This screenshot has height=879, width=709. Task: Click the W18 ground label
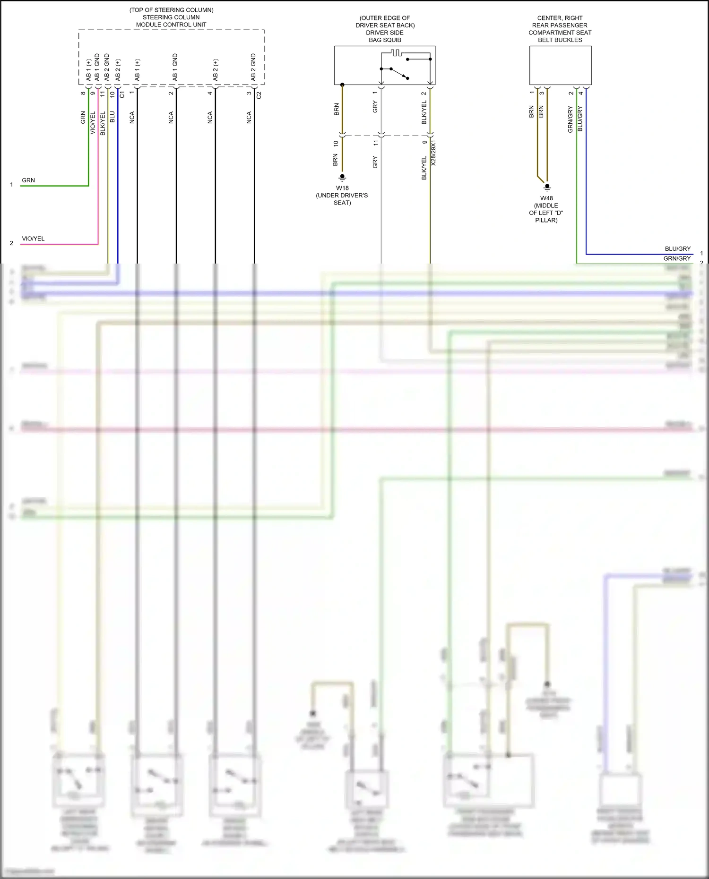[x=342, y=188]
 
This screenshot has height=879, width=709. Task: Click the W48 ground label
[x=546, y=198]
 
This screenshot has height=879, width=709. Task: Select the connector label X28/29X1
[x=433, y=153]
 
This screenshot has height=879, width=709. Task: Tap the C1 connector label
[x=122, y=94]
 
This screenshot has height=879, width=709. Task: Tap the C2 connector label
[x=259, y=95]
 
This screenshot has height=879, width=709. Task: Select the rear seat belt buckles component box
[x=560, y=65]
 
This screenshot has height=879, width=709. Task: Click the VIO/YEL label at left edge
[x=33, y=239]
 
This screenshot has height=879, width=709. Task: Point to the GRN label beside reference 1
[x=28, y=180]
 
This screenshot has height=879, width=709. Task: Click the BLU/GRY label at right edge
[x=677, y=248]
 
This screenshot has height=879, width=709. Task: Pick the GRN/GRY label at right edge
[x=677, y=258]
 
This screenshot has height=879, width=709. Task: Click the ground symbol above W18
[x=342, y=178]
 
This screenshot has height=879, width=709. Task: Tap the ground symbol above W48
[x=547, y=188]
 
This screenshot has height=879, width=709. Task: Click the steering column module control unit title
[x=171, y=17]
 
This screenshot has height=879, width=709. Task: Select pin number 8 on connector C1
[x=83, y=93]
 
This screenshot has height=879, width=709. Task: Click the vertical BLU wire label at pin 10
[x=112, y=117]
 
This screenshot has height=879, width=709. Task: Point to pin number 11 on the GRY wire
[x=376, y=142]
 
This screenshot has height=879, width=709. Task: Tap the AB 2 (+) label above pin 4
[x=216, y=70]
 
